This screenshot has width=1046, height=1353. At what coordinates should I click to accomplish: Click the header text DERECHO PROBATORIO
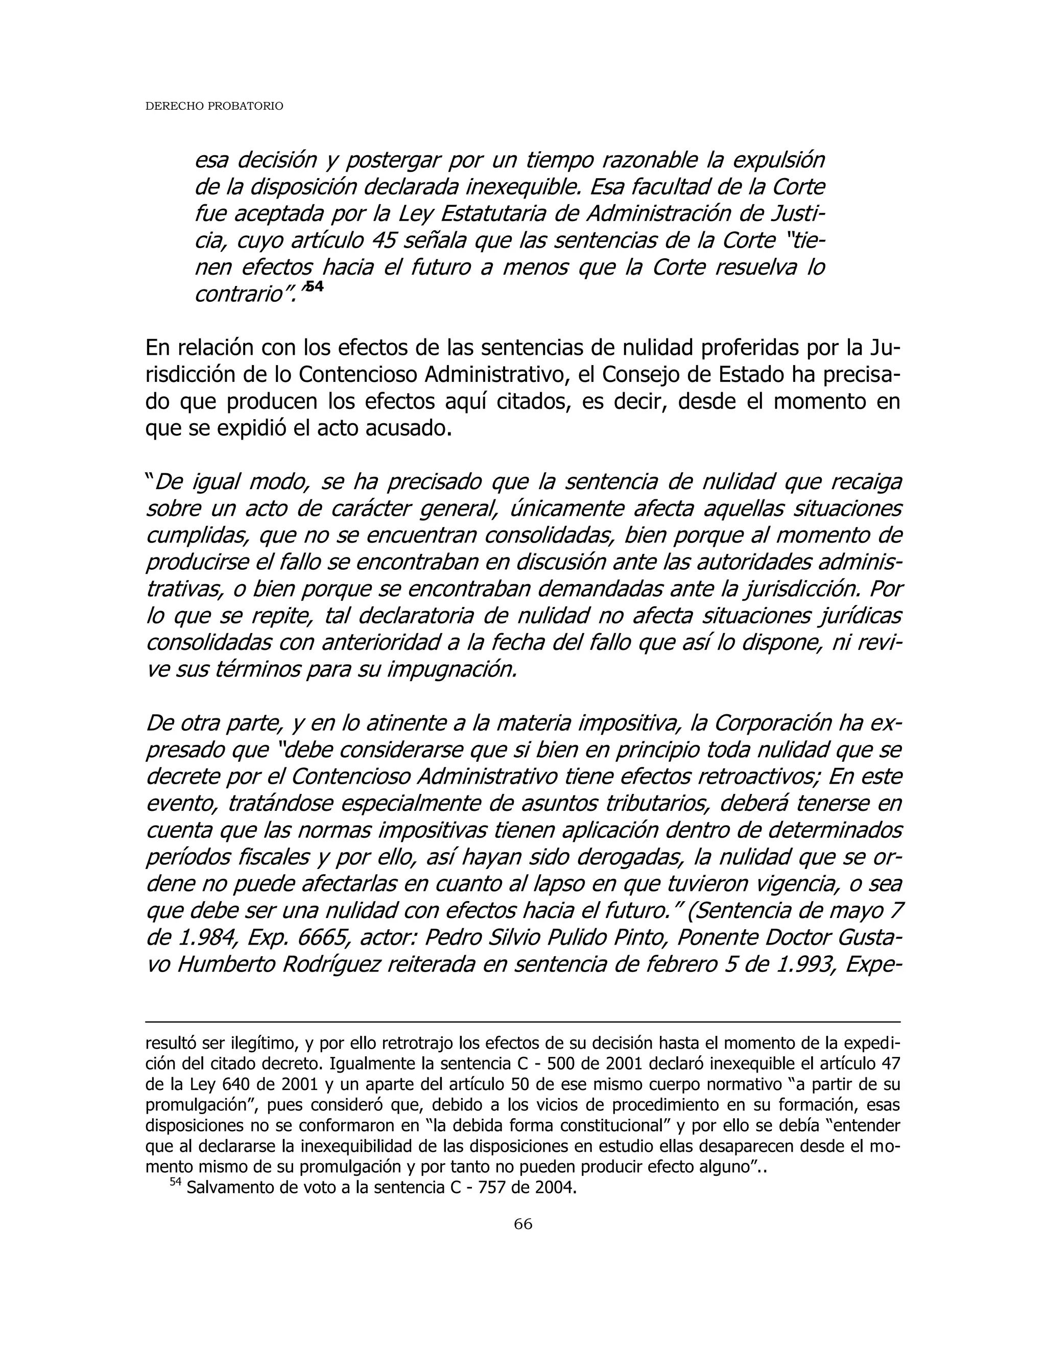coord(214,107)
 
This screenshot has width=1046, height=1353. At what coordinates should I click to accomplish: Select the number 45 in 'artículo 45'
coord(387,240)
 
